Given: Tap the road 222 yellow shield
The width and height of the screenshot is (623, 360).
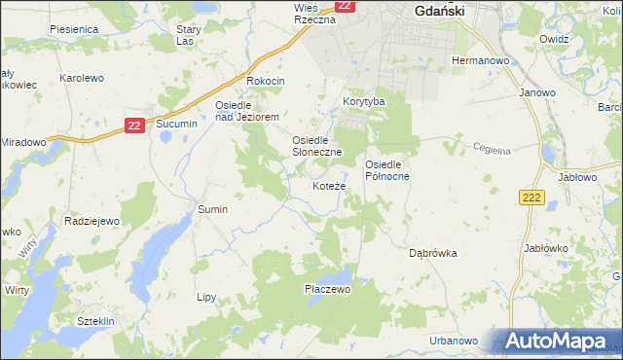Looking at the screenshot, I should [x=530, y=198].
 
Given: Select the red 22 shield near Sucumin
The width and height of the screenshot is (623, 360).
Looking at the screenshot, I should [x=135, y=125].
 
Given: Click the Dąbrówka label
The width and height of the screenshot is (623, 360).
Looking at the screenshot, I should [x=432, y=253].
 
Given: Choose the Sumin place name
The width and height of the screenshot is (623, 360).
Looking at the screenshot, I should [x=212, y=209].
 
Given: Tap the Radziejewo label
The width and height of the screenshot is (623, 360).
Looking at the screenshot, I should [x=92, y=221].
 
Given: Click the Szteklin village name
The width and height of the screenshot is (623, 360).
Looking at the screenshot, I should [x=96, y=321].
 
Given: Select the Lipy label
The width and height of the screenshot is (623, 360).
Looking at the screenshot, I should [x=205, y=297].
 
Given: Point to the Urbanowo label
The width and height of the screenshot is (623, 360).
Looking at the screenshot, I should [x=454, y=341].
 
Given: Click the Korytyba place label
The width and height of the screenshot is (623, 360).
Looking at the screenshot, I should [x=364, y=101].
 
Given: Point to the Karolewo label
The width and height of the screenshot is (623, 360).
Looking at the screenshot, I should [x=81, y=77].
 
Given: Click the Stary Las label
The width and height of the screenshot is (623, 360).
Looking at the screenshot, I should [x=188, y=35].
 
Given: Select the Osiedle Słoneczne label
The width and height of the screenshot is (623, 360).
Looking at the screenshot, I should [x=317, y=146].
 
